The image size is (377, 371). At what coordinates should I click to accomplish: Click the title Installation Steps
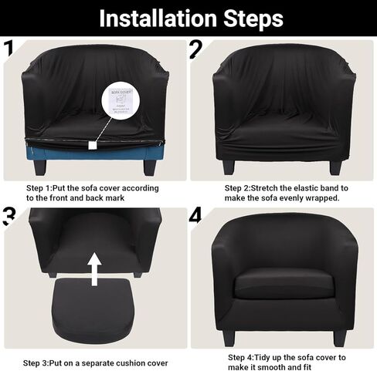click(189, 17)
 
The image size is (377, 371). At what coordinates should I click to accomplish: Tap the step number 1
click(8, 49)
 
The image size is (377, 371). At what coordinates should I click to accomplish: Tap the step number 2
click(197, 49)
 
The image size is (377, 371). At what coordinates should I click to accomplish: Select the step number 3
click(8, 215)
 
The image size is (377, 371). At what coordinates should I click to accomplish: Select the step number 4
click(196, 215)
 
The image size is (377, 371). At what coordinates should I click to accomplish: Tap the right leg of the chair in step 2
click(335, 167)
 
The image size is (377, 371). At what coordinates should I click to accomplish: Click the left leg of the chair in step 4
click(229, 337)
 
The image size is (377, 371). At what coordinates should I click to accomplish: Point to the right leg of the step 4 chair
click(338, 337)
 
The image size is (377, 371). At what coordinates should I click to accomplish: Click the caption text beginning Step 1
click(93, 193)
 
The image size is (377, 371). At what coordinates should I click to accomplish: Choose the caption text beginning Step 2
click(286, 193)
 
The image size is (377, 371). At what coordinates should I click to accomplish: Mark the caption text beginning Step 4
click(286, 363)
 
